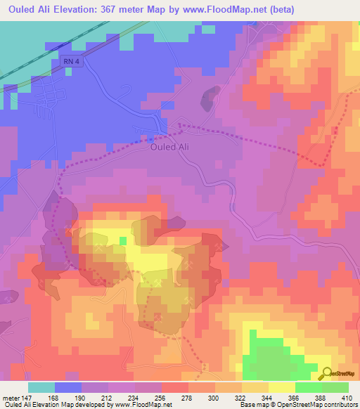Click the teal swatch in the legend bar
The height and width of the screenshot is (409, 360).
41,387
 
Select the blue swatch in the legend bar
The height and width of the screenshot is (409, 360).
68,387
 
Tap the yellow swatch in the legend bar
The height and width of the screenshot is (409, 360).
281,387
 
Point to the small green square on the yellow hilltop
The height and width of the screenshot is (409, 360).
122,241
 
